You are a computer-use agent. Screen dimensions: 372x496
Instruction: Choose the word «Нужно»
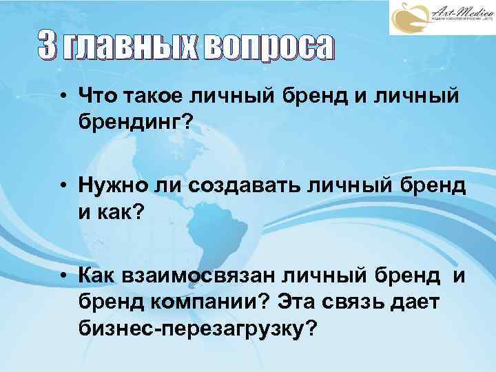point(110,186)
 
